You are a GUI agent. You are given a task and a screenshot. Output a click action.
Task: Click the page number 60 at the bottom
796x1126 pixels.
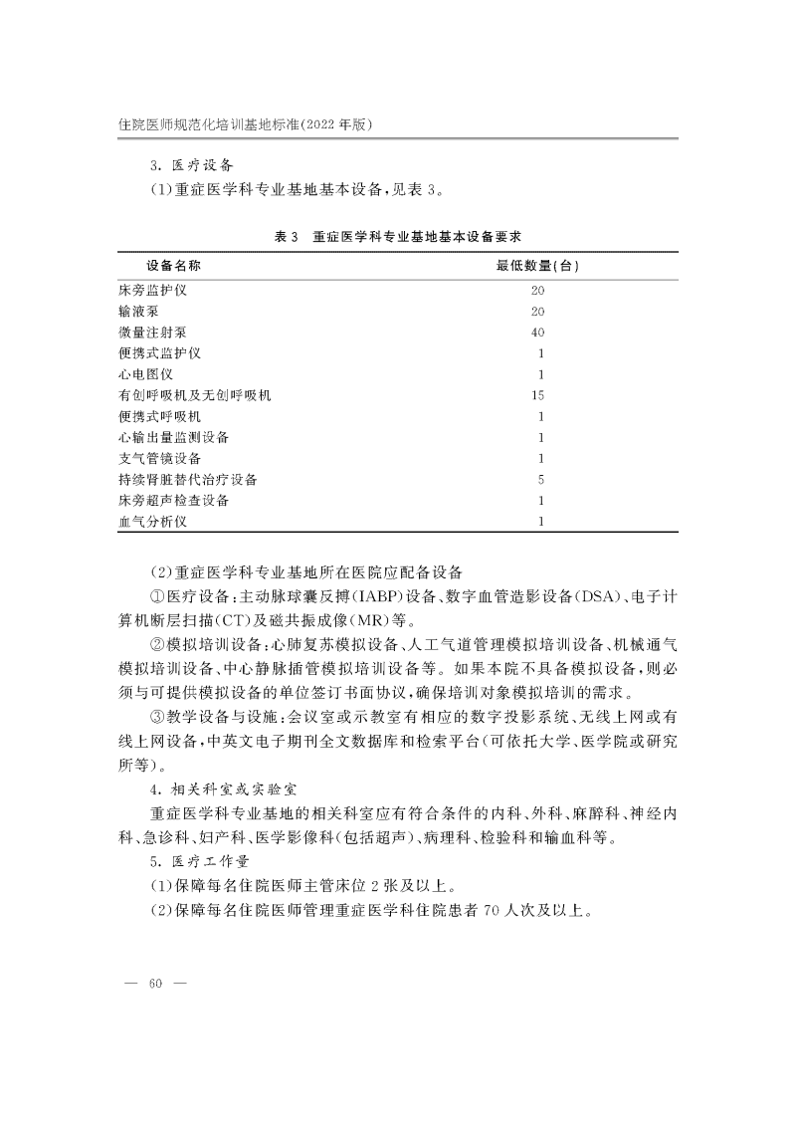pos(154,985)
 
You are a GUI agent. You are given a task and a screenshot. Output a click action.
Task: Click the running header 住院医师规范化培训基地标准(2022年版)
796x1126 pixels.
pos(244,123)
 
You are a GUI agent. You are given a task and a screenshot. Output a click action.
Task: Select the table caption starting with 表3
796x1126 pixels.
pos(398,236)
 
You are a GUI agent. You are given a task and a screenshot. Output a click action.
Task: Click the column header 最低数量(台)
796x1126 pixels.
pos(538,267)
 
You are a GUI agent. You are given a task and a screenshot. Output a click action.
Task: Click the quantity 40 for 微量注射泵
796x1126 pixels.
pos(538,332)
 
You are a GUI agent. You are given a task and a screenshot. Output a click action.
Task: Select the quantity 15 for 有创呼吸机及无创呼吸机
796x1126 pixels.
pos(538,395)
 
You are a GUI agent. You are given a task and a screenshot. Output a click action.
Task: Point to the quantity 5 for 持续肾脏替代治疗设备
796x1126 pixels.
pos(539,479)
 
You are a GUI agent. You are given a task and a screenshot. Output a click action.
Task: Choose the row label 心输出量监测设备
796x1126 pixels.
pos(173,437)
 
